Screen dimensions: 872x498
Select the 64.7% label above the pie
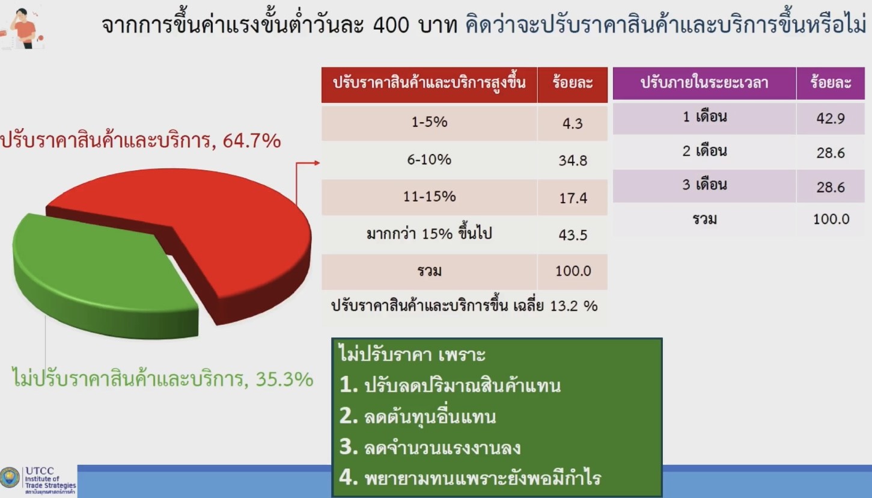coord(251,141)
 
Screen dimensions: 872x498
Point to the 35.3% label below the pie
coord(284,379)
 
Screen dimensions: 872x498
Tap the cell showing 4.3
coord(572,123)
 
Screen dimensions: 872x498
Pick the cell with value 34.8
coord(573,161)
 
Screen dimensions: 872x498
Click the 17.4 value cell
coord(573,198)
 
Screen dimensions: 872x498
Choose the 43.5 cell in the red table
coord(573,235)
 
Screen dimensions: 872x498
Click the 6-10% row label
coord(429,159)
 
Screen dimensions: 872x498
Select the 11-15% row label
coord(429,197)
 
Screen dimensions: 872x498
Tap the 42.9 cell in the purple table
coord(831,118)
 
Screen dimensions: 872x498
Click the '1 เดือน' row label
coord(704,117)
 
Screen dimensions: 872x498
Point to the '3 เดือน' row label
coord(704,184)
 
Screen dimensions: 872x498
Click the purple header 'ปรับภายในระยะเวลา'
coord(704,82)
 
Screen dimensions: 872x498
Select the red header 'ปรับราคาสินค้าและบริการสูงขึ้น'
coord(429,82)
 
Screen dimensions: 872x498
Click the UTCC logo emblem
coord(10,478)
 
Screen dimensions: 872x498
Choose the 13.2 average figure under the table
coord(564,306)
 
